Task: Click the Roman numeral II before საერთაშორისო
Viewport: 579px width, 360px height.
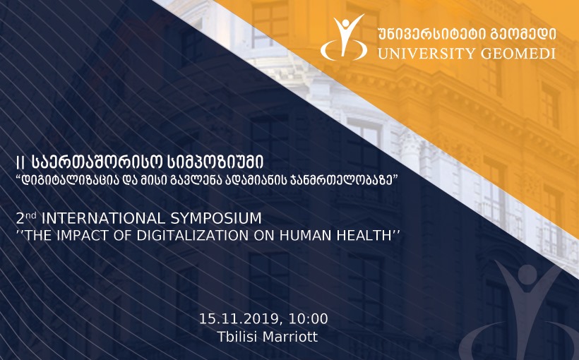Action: click(x=20, y=162)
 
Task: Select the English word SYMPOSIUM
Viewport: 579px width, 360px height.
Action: click(x=215, y=218)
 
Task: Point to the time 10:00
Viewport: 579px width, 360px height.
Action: click(x=309, y=318)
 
